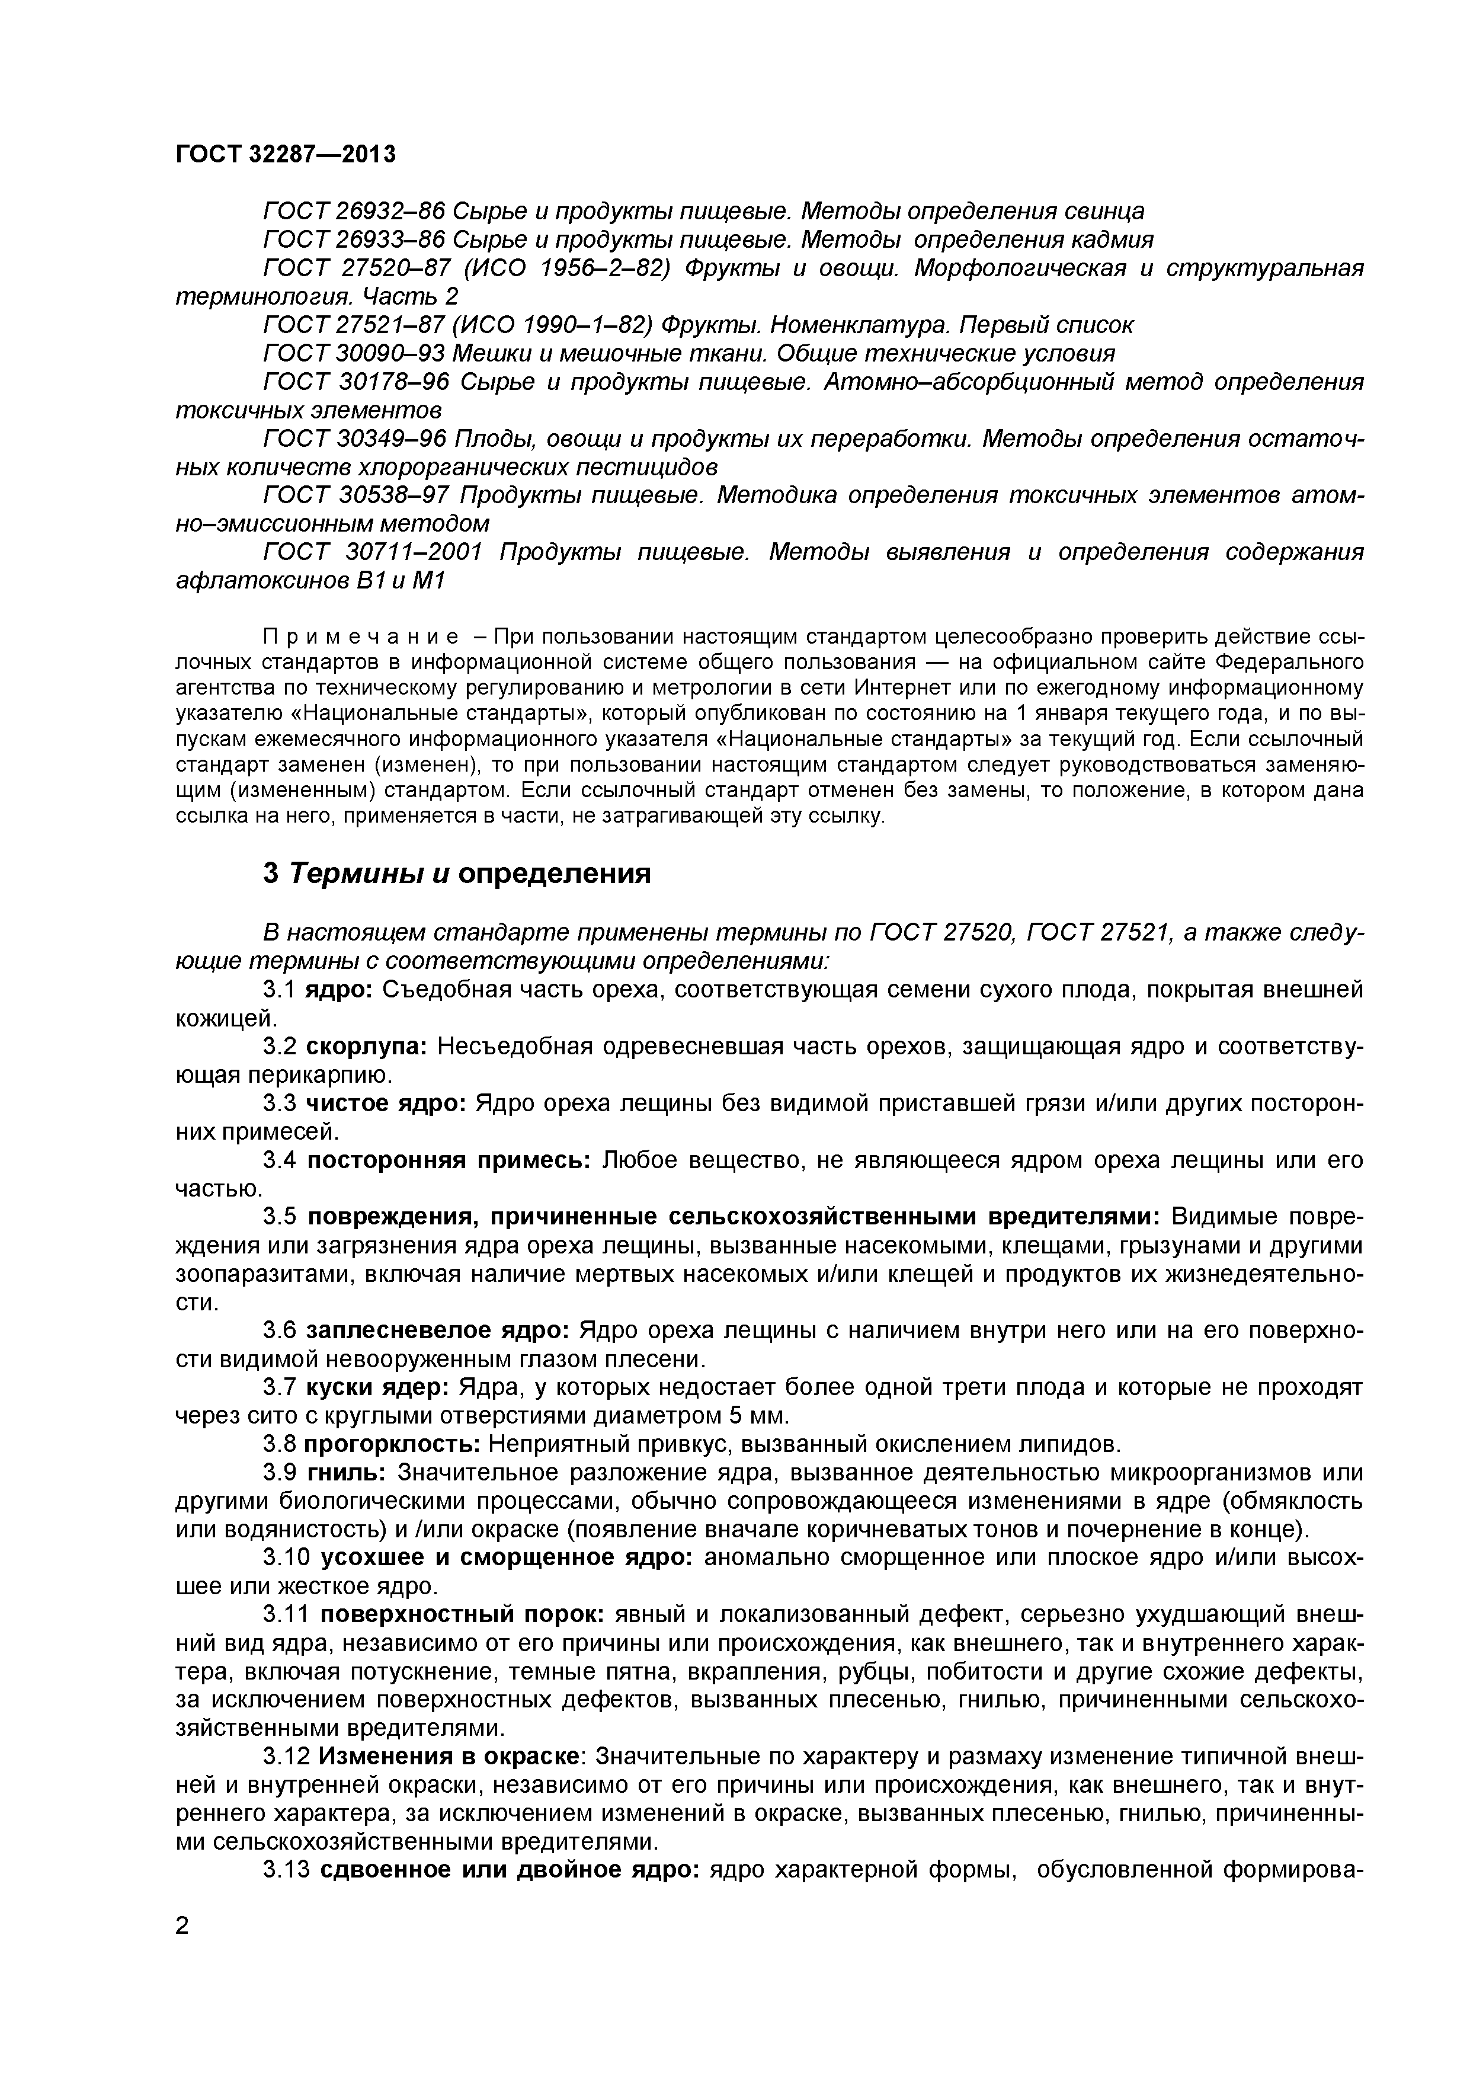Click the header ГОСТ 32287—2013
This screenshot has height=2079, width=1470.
285,155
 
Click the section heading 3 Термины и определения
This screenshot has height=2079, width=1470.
456,874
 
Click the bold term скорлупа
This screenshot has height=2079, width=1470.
367,1047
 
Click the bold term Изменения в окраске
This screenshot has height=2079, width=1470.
451,1757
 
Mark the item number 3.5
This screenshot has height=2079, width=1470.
280,1217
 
